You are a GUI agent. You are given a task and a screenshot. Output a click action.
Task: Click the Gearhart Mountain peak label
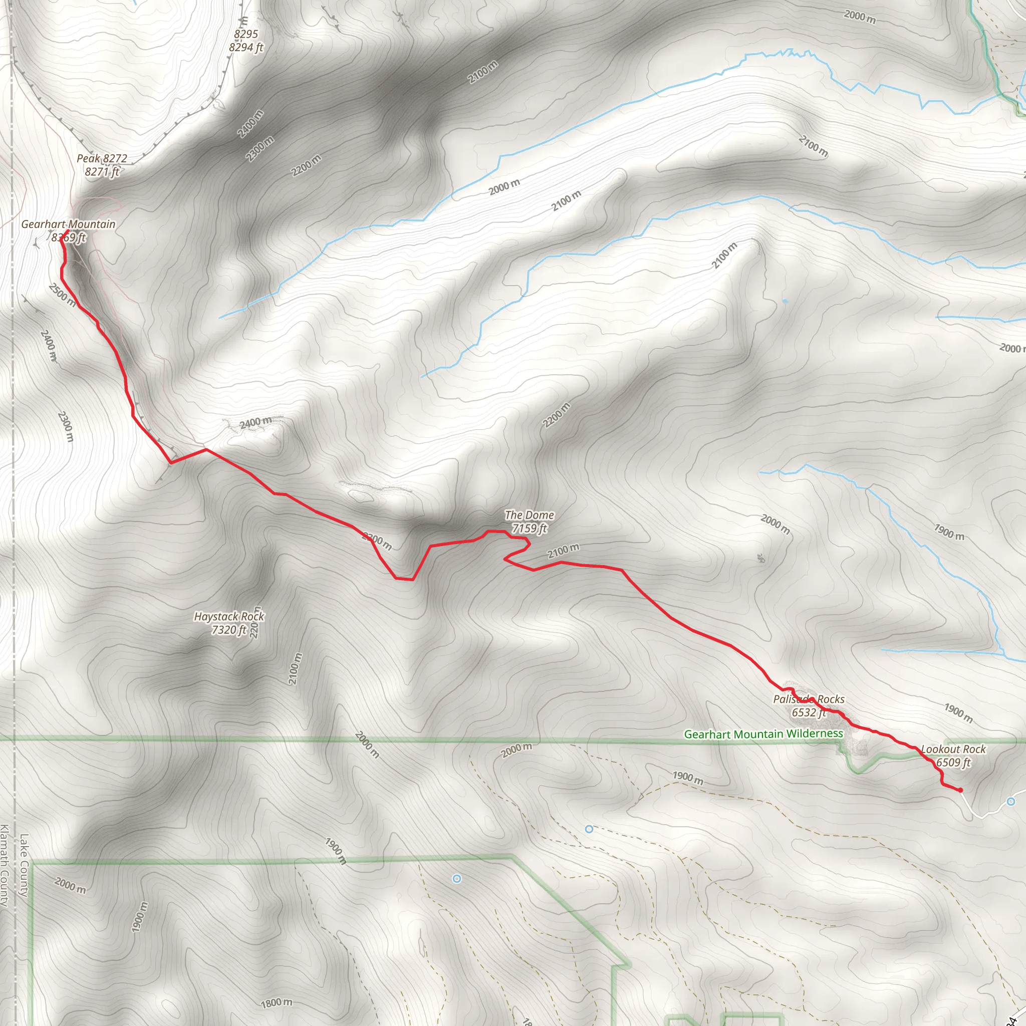[x=68, y=224]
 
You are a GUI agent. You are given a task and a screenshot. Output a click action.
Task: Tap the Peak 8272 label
[x=102, y=158]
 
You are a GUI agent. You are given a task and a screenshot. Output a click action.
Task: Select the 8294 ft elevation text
[x=246, y=48]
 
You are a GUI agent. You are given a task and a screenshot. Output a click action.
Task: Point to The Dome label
[x=529, y=515]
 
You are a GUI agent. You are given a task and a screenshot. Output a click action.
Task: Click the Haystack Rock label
[x=229, y=617]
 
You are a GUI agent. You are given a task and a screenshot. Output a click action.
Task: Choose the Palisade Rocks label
[x=808, y=699]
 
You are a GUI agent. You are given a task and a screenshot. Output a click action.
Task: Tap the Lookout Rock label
[x=953, y=749]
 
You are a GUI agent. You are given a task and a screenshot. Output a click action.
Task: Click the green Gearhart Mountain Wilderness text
[x=763, y=734]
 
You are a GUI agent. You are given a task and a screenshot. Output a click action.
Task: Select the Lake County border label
[x=24, y=865]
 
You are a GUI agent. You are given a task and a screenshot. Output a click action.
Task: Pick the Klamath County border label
[x=5, y=865]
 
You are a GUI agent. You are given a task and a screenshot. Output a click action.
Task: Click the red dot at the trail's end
[x=960, y=790]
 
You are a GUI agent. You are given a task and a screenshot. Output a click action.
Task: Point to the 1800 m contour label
[x=276, y=1003]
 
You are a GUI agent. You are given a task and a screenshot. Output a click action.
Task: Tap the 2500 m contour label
[x=62, y=295]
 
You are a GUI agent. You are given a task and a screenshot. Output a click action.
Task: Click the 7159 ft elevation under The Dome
[x=529, y=529]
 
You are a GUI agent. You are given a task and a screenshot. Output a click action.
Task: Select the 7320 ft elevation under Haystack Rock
[x=229, y=630]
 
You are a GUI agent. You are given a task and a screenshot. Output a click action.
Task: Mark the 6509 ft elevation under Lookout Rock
[x=953, y=762]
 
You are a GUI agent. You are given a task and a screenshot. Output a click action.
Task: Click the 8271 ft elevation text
[x=102, y=171]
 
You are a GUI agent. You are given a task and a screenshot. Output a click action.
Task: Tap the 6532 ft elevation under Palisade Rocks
[x=808, y=713]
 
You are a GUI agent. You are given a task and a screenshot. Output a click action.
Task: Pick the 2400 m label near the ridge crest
[x=255, y=423]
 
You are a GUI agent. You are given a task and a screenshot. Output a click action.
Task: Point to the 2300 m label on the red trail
[x=377, y=541]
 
